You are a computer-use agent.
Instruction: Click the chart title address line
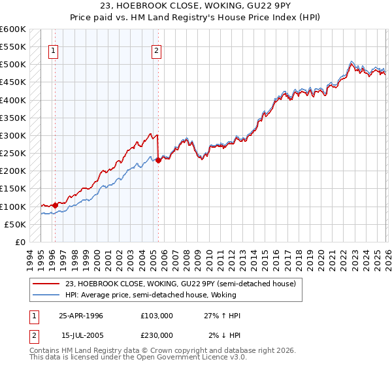(196, 6)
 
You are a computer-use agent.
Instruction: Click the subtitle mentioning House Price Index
(196, 17)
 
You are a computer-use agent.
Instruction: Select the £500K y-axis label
(13, 65)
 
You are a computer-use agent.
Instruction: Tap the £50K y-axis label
(15, 224)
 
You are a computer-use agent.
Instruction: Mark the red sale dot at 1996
(55, 205)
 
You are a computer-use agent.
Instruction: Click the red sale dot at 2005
(159, 160)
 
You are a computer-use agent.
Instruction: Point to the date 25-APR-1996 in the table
(81, 316)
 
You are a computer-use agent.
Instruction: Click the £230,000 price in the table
(157, 335)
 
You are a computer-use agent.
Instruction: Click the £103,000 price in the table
(157, 316)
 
